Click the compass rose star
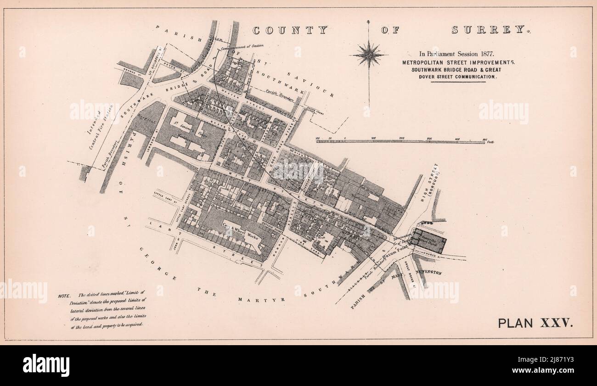click(x=368, y=55)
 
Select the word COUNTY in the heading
click(x=290, y=30)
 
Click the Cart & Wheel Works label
click(x=239, y=229)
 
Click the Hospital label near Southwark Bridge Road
click(x=146, y=118)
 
